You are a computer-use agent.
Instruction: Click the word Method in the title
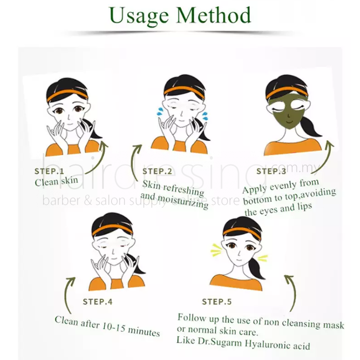[x=214, y=15]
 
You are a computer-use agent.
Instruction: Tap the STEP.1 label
[x=49, y=171]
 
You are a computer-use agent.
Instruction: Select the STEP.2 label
[x=157, y=171]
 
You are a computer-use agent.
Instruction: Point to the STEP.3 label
[x=271, y=171]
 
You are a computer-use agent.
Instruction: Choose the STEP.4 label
[x=97, y=302]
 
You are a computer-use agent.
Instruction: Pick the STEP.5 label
[x=217, y=302]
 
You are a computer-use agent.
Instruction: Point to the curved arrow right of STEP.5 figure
[x=294, y=291]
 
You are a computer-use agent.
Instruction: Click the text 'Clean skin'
[x=56, y=181]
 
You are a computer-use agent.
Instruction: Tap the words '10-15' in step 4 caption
[x=114, y=327]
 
